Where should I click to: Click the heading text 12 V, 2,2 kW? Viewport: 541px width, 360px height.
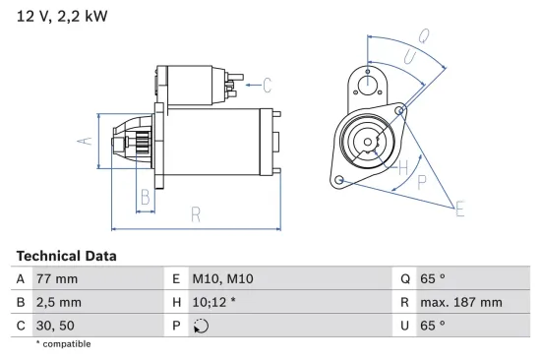tap(61, 16)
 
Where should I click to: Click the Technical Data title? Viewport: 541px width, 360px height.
tap(66, 256)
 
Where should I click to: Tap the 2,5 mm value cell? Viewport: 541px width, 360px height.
tap(59, 302)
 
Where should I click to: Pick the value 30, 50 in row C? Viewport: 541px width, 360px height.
tap(54, 325)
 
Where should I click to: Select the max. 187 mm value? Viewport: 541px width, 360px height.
tap(463, 302)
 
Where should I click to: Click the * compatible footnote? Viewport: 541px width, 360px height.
tap(63, 344)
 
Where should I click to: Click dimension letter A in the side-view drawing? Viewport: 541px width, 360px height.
tap(86, 141)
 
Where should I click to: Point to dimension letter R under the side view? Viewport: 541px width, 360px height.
tap(196, 214)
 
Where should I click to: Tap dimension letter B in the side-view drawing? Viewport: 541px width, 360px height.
tap(145, 196)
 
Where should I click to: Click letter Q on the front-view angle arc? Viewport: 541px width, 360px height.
tap(423, 35)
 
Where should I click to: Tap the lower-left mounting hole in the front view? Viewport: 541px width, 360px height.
tap(339, 180)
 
